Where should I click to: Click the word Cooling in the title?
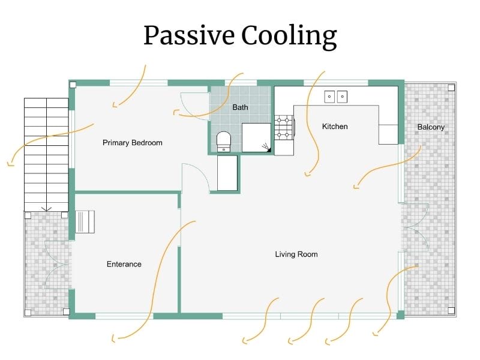[x=289, y=36]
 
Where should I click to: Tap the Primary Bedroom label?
[x=132, y=143]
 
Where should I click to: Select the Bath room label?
[x=240, y=107]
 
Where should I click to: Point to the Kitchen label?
[x=335, y=127]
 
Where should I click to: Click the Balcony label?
[x=431, y=127]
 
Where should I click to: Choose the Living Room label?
[x=296, y=254]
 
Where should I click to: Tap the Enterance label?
[x=124, y=264]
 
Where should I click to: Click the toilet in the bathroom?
[x=223, y=142]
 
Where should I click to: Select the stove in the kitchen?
[x=284, y=128]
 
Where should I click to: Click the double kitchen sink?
[x=336, y=96]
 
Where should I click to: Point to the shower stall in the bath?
[x=257, y=137]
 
